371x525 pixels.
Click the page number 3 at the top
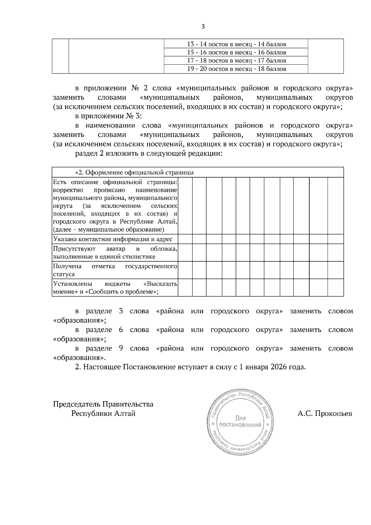pyautogui.click(x=203, y=27)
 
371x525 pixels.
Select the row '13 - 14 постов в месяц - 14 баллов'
pyautogui.click(x=237, y=44)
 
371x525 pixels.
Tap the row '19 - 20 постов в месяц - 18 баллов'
pyautogui.click(x=237, y=69)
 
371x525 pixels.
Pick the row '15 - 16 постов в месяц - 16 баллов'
pyautogui.click(x=237, y=52)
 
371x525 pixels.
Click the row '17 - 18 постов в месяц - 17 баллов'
pyautogui.click(x=237, y=61)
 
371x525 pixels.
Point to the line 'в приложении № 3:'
pyautogui.click(x=108, y=116)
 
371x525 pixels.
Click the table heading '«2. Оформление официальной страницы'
pyautogui.click(x=134, y=173)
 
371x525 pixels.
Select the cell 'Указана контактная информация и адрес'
pyautogui.click(x=113, y=239)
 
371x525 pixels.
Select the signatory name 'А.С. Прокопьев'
pyautogui.click(x=325, y=414)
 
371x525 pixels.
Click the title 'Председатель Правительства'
pyautogui.click(x=103, y=404)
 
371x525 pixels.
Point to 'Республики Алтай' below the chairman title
pyautogui.click(x=103, y=413)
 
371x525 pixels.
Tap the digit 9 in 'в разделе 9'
pyautogui.click(x=121, y=348)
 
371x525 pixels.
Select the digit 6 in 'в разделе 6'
pyautogui.click(x=121, y=330)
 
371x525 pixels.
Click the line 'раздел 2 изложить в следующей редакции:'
pyautogui.click(x=149, y=154)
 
